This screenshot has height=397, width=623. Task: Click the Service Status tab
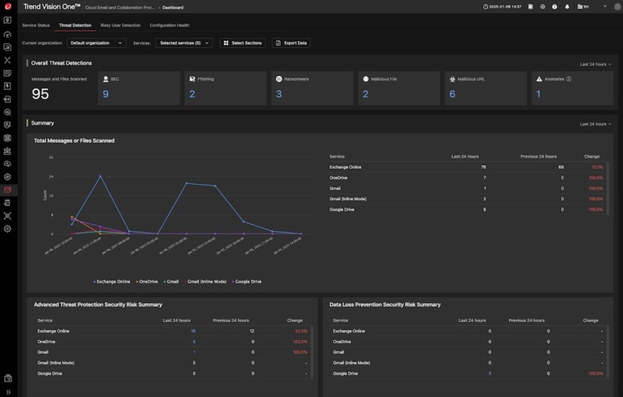pos(36,26)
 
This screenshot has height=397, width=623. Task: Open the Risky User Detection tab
pos(120,26)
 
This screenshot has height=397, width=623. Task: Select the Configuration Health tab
pos(169,26)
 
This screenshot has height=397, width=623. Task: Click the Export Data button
pos(291,43)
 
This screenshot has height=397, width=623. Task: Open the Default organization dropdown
pos(96,43)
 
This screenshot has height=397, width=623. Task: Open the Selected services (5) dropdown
pos(184,43)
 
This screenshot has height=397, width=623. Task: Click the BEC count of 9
pos(106,94)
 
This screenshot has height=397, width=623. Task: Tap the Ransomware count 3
pos(279,94)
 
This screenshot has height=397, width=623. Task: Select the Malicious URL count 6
pos(453,94)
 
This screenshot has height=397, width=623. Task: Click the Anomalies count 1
pos(538,94)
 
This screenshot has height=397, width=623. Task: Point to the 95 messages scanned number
pos(41,94)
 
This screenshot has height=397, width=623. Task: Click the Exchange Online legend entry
pos(112,281)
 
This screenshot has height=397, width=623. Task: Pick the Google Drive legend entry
pos(247,281)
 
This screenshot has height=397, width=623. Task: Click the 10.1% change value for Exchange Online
pos(597,167)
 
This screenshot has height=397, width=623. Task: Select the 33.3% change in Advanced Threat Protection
pos(300,331)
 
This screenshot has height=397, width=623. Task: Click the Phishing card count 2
pos(192,94)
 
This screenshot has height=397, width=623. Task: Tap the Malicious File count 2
pos(366,94)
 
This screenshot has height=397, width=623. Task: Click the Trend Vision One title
pos(52,7)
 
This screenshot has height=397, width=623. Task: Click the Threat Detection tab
pos(75,26)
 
